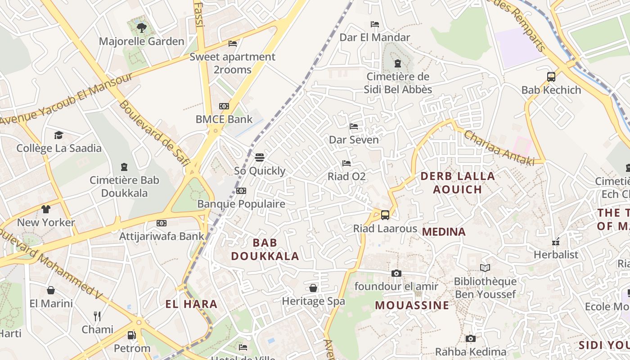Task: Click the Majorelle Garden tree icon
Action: tap(141, 27)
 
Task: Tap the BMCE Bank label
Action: tap(224, 119)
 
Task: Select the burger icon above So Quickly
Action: tap(260, 157)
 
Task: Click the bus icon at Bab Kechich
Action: tap(551, 76)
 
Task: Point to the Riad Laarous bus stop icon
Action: tap(385, 215)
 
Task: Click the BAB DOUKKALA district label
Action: tap(265, 249)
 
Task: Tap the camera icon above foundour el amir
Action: tap(396, 273)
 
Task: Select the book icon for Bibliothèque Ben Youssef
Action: tap(485, 268)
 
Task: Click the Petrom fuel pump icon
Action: tap(131, 335)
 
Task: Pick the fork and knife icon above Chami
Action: tap(97, 316)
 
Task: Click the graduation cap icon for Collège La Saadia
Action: tap(59, 135)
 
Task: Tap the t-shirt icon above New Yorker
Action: tap(46, 209)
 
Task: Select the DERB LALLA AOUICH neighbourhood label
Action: tap(458, 182)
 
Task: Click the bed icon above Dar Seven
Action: tap(354, 126)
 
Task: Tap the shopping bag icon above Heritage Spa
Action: tap(313, 288)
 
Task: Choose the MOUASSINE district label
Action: tap(412, 305)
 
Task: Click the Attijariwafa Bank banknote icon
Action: tap(162, 223)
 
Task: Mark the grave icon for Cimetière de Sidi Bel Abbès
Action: tap(398, 63)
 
